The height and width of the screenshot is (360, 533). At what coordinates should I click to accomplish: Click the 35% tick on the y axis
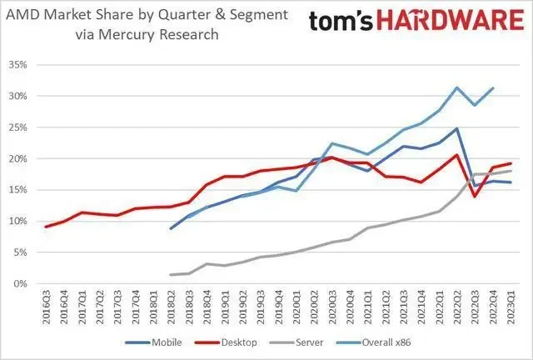pos(17,64)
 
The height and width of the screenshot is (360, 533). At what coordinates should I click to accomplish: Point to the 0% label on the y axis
pos(20,283)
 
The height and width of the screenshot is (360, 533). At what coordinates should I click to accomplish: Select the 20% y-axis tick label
pos(17,158)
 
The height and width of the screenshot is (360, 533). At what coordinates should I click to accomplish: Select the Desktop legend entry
pos(239,343)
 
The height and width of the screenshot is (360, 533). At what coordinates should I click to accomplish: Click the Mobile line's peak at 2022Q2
pos(457,128)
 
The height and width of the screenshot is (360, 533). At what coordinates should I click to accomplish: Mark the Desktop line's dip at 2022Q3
pos(475,196)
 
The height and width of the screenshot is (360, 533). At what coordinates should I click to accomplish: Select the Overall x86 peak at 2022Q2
pos(457,87)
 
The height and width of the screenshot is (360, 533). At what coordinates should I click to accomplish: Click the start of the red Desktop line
pos(47,227)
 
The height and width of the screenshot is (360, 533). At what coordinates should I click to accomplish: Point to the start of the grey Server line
pos(171,274)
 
